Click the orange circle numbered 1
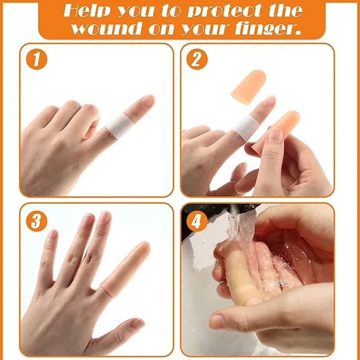pos(36,59)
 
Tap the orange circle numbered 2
pos(197,60)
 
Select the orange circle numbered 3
pos(36,221)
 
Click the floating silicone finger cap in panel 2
pos(249,86)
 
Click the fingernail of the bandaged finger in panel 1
pos(148,100)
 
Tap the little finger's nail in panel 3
pos(53,235)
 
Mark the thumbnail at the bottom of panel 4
pos(218,321)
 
